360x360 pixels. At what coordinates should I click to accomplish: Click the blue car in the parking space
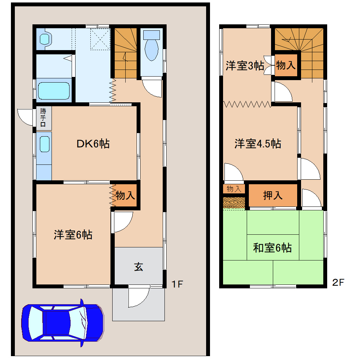click(62, 322)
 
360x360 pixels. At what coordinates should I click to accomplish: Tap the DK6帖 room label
click(93, 144)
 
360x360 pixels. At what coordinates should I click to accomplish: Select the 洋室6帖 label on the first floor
click(73, 235)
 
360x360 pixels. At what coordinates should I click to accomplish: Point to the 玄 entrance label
click(138, 267)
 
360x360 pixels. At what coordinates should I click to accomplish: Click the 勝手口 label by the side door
click(43, 118)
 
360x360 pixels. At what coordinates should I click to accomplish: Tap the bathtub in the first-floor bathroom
click(54, 91)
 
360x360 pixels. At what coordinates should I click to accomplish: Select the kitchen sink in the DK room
click(44, 144)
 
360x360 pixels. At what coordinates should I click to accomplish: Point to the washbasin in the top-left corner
click(44, 38)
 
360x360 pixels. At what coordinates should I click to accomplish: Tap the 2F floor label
click(338, 282)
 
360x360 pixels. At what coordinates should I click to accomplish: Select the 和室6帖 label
click(272, 248)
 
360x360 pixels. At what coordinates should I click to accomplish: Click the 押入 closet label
click(273, 195)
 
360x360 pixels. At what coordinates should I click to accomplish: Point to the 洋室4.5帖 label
click(258, 144)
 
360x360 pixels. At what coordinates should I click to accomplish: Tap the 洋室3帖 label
click(245, 66)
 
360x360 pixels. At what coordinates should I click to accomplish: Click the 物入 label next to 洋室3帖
click(286, 65)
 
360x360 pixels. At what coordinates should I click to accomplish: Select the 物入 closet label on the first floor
click(125, 195)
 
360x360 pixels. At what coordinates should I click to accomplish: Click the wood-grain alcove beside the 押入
click(234, 203)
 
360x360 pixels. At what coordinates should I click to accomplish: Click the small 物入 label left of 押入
click(234, 189)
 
